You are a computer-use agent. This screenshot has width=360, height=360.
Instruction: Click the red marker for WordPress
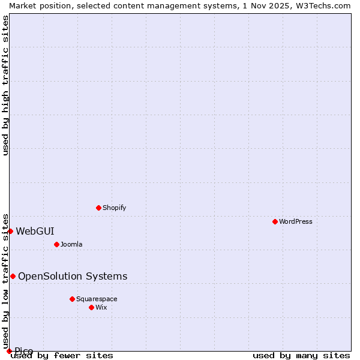(x=275, y=221)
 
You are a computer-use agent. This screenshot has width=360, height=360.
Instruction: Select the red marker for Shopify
(x=99, y=208)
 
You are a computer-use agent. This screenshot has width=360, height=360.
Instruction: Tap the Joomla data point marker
(x=57, y=244)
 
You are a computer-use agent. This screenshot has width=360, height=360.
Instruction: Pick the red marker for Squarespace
(x=73, y=299)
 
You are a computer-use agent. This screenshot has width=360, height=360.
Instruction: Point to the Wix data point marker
(x=92, y=307)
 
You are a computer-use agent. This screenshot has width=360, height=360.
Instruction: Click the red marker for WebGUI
(x=10, y=231)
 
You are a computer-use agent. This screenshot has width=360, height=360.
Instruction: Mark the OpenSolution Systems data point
(x=13, y=276)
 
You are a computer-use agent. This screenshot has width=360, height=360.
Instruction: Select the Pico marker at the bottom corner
(x=9, y=351)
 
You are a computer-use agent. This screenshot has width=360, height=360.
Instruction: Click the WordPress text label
(x=296, y=221)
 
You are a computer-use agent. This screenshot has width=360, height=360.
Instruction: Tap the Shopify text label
(x=115, y=208)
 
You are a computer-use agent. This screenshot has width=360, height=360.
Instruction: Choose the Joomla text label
(x=71, y=244)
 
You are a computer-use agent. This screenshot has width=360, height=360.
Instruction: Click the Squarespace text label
(x=97, y=299)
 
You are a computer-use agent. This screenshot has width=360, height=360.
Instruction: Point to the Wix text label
(x=101, y=307)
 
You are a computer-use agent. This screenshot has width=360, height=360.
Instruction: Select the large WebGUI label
(x=35, y=231)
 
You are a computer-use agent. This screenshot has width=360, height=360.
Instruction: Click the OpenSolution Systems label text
(x=73, y=276)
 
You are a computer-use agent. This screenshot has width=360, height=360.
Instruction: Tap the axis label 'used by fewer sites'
(x=62, y=356)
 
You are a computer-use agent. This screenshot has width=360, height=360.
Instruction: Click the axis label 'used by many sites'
(x=301, y=356)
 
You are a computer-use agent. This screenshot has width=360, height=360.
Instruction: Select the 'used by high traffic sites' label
(x=6, y=86)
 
